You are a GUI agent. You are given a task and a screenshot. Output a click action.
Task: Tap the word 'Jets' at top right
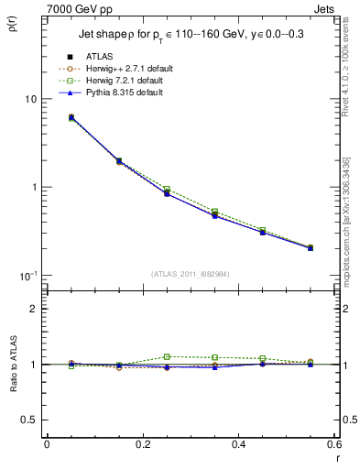pos(325,7)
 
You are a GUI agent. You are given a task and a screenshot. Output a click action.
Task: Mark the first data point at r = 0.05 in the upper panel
pos(47,117)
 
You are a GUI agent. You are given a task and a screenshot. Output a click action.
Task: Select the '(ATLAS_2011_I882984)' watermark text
pos(191,274)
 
